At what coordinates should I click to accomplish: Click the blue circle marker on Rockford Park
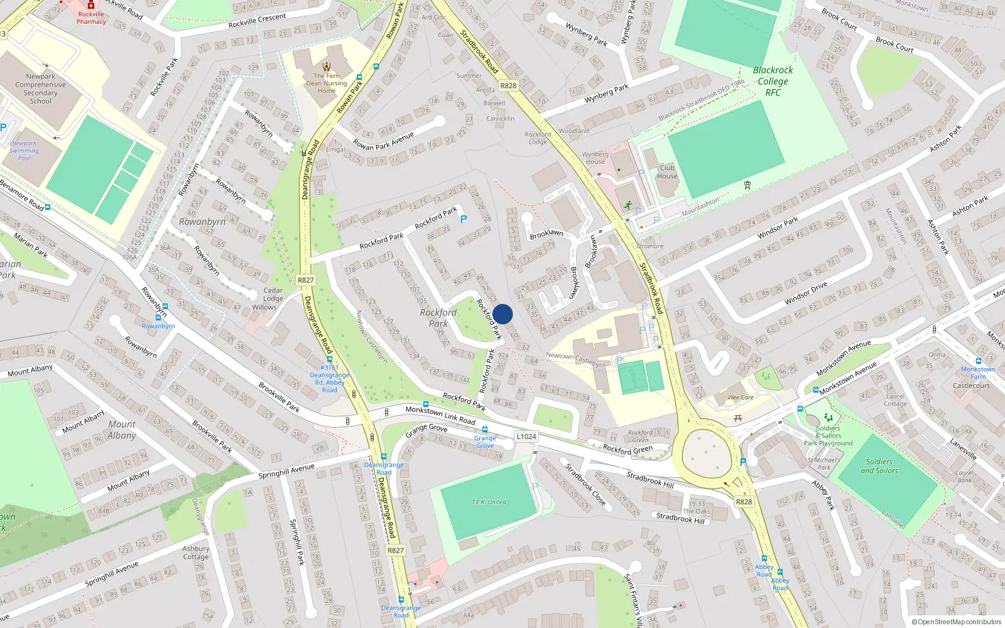[x=503, y=314]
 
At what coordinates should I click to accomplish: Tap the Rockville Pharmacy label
[x=91, y=18]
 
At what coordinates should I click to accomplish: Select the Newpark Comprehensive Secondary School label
[x=41, y=89]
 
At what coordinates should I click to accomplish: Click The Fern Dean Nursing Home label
[x=327, y=83]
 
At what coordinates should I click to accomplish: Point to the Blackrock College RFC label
[x=773, y=81]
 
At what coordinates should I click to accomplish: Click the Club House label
[x=667, y=171]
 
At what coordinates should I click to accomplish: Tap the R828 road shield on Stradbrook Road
[x=508, y=86]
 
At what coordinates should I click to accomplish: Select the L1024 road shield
[x=526, y=436]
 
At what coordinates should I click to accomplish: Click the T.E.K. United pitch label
[x=489, y=502]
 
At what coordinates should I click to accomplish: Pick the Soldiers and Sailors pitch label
[x=879, y=466]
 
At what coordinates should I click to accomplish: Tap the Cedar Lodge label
[x=273, y=294]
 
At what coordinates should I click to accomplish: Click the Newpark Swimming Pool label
[x=24, y=151]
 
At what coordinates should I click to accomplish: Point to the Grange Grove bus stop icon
[x=486, y=430]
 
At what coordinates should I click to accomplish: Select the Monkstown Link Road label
[x=440, y=415]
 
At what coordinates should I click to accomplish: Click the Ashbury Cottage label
[x=195, y=553]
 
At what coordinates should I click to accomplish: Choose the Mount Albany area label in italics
[x=121, y=430]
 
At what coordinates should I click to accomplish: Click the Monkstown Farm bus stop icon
[x=977, y=360]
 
